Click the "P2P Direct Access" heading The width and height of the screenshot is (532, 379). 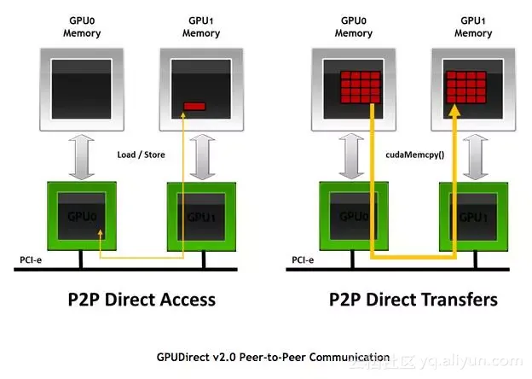(x=142, y=299)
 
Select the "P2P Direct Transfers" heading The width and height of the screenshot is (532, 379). (x=413, y=299)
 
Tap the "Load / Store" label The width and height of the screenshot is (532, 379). (x=141, y=155)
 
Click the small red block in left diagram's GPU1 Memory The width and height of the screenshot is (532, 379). (x=195, y=106)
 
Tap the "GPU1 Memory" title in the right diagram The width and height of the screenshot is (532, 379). (x=473, y=26)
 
